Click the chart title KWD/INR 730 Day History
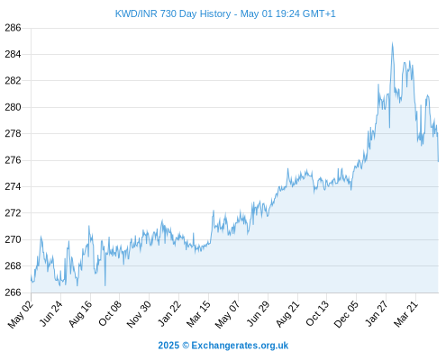173,13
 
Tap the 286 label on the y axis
13,28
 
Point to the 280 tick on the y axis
13,107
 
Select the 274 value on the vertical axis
13,186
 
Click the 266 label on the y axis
13,292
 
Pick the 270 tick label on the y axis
13,239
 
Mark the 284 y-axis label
13,54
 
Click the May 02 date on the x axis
21,314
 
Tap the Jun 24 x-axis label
50,313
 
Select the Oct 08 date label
110,313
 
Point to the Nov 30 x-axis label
139,314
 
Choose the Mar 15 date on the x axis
198,314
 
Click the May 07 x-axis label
227,314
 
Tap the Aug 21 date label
287,314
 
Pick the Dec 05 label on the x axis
346,314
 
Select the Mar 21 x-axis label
405,314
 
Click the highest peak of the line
392,42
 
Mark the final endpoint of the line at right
438,162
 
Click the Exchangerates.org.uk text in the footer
240,346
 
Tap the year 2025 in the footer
168,346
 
